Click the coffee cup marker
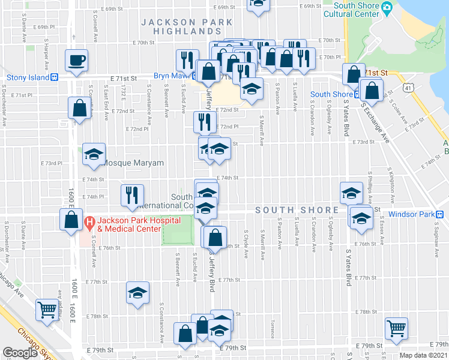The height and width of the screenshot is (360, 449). click(77, 61)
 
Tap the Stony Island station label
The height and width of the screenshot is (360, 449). click(28, 77)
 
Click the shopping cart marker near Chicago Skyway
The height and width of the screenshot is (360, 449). click(47, 310)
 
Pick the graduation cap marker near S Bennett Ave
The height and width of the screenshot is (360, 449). click(137, 294)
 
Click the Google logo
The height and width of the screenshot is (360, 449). click(20, 352)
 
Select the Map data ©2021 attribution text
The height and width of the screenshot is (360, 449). click(424, 355)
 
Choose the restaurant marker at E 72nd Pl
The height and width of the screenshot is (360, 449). click(205, 122)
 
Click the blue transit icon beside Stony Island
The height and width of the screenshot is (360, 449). click(54, 77)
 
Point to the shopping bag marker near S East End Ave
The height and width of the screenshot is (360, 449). click(79, 109)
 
